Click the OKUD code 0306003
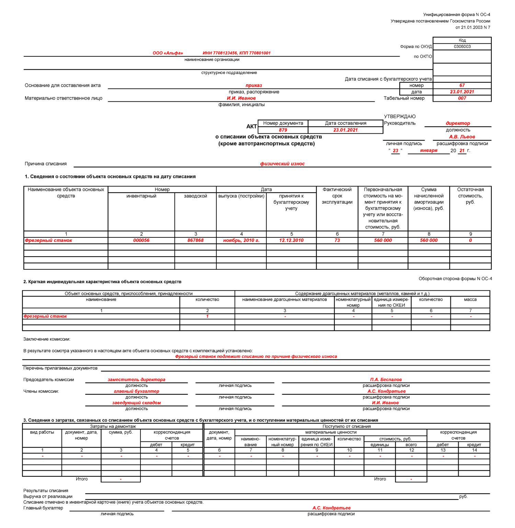(462, 47)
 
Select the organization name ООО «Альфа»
(168, 53)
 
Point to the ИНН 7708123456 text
(220, 53)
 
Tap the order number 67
(462, 86)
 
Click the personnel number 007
(462, 98)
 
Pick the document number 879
(283, 130)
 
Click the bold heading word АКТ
(252, 126)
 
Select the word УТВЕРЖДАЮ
(400, 117)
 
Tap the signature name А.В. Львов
(462, 137)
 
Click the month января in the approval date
(428, 150)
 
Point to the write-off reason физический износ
(282, 164)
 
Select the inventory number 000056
(141, 240)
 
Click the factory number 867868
(195, 240)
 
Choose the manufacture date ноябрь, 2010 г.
(241, 240)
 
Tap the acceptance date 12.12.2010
(291, 240)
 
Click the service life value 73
(337, 240)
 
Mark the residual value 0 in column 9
(470, 240)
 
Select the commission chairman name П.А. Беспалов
(386, 380)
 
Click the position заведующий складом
(136, 403)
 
